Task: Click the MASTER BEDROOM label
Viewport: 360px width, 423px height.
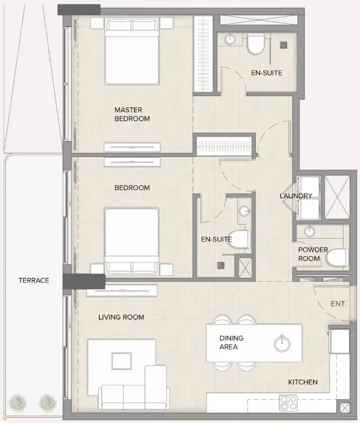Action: (132, 114)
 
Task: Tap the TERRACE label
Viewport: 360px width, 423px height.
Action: (34, 280)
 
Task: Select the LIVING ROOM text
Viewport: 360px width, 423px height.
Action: (121, 317)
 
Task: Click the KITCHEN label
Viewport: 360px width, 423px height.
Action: (303, 382)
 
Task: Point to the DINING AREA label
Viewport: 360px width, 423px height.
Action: (231, 342)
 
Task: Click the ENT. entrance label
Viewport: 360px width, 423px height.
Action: (338, 304)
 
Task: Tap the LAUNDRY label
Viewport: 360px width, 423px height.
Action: (296, 196)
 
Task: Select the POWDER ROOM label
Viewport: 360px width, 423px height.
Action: (312, 254)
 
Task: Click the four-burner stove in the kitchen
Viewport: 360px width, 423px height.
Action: (288, 404)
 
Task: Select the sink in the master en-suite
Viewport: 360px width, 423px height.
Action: (230, 39)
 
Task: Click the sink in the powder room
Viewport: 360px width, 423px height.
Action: (309, 232)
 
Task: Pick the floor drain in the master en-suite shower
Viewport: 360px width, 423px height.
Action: (282, 45)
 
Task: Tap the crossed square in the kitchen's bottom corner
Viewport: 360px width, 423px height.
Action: (344, 409)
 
